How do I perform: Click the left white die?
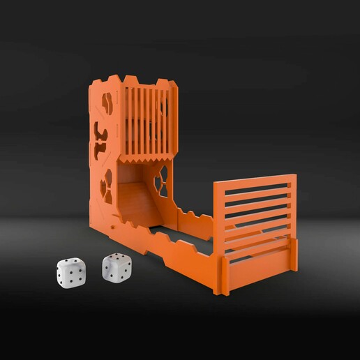coord(70,271)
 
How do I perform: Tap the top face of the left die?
coord(69,263)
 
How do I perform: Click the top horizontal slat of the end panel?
coord(255,185)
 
